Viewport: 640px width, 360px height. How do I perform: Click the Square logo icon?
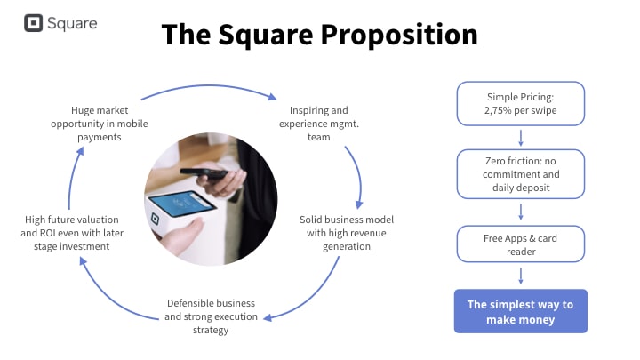coord(34,23)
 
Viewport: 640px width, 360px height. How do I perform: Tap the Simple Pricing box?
coord(521,104)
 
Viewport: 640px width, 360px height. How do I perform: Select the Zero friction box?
coord(521,173)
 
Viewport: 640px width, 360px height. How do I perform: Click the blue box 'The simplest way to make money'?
coord(521,311)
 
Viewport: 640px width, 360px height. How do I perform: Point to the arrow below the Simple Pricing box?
coord(521,137)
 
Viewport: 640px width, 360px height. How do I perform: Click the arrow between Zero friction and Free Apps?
coord(521,212)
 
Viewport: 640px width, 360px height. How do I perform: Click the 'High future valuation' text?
coord(72,232)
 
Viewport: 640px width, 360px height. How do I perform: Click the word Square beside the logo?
coord(73,24)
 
